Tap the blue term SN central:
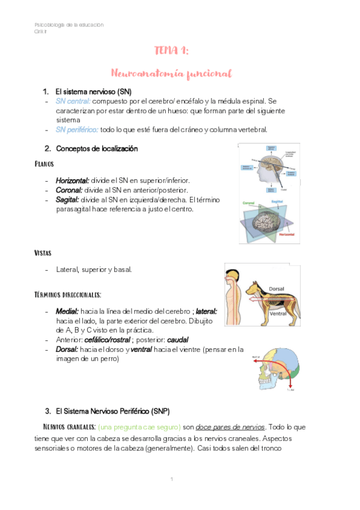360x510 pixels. click(x=73, y=101)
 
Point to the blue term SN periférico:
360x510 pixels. click(x=77, y=130)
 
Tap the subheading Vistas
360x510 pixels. click(x=43, y=253)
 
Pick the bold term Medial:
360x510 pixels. click(x=67, y=312)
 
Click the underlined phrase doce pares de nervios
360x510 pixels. click(x=231, y=427)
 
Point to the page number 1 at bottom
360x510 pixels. click(x=172, y=479)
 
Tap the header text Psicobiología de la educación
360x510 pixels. click(x=69, y=25)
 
